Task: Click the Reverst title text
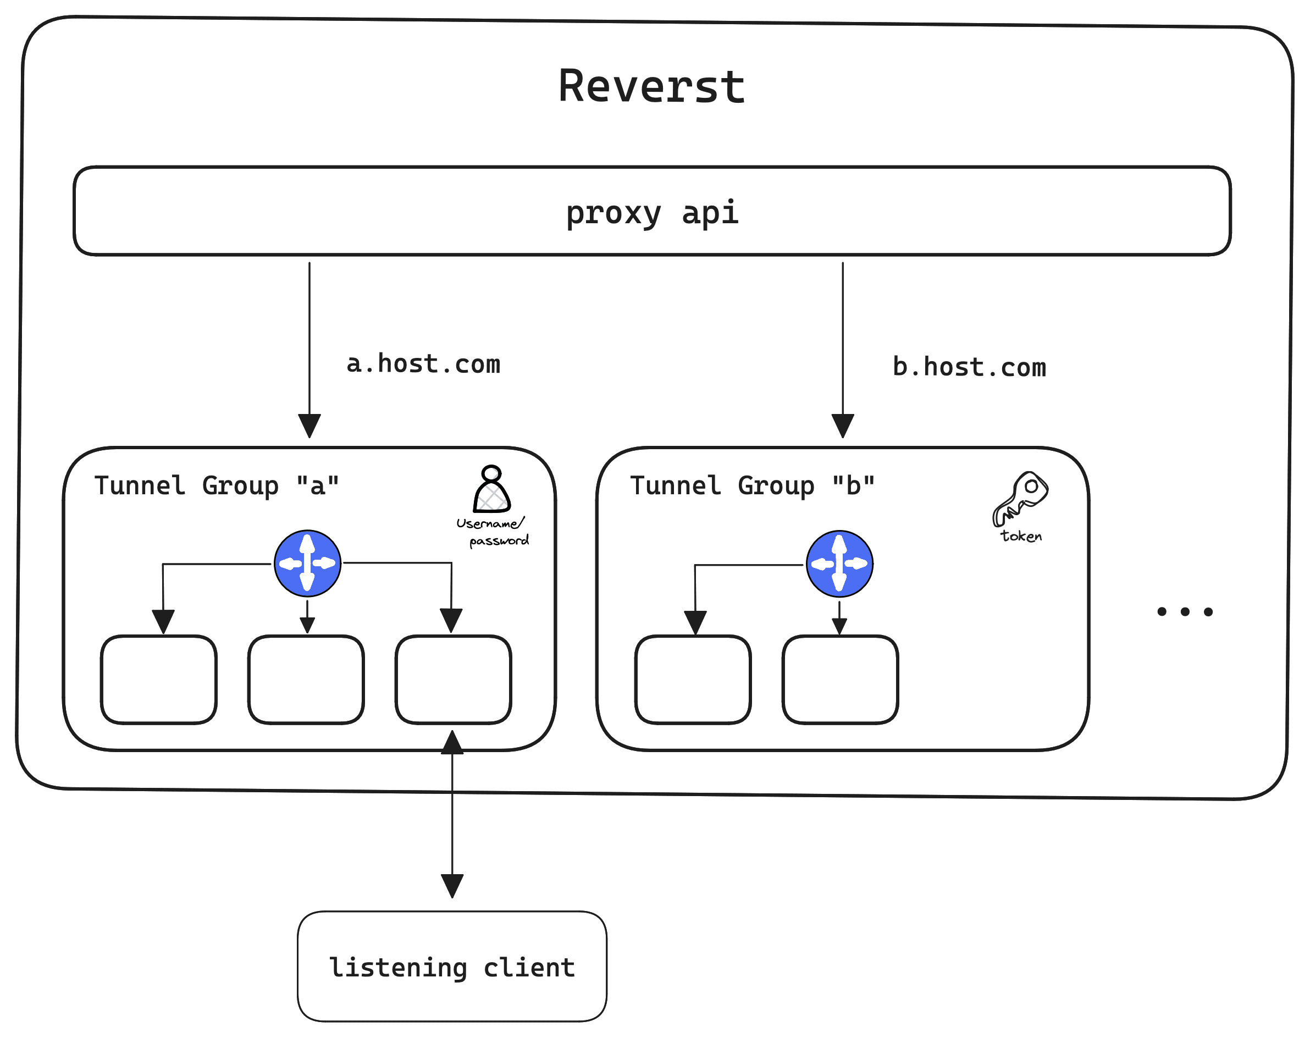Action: pos(651,86)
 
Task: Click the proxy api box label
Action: pos(652,213)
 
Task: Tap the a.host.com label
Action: pos(423,364)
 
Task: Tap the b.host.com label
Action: pos(969,368)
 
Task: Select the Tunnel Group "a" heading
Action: pos(216,485)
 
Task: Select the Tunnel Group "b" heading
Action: pos(752,485)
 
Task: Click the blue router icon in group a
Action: pos(307,564)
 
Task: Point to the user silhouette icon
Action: pos(491,490)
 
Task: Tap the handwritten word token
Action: pos(1021,536)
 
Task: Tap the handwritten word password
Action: pos(499,540)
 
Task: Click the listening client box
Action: pos(452,967)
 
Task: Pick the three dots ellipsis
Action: pos(1184,611)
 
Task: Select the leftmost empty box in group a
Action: pos(158,680)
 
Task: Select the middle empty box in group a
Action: pos(306,680)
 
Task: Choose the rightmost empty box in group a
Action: pos(454,680)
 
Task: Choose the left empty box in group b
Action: pos(693,680)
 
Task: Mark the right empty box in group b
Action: pos(841,680)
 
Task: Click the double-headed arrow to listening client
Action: pos(452,814)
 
